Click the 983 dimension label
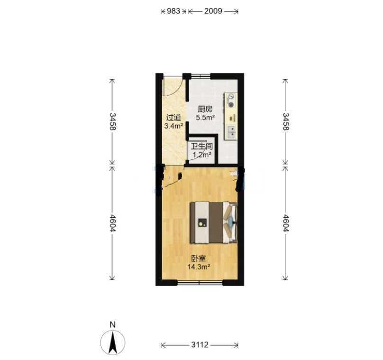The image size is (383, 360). pyautogui.click(x=173, y=11)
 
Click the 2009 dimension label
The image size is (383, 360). pyautogui.click(x=213, y=11)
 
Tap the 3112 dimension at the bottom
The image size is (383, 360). pyautogui.click(x=200, y=345)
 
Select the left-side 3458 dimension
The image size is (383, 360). pyautogui.click(x=112, y=121)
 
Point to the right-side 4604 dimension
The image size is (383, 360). pyautogui.click(x=286, y=223)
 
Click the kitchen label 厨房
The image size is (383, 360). pyautogui.click(x=205, y=109)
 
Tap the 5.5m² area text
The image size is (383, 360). pyautogui.click(x=205, y=118)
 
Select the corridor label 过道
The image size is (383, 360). pyautogui.click(x=173, y=118)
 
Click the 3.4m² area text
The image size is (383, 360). pyautogui.click(x=173, y=126)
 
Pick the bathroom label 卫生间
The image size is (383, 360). pyautogui.click(x=201, y=147)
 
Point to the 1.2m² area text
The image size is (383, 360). pyautogui.click(x=202, y=155)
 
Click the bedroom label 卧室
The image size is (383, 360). pyautogui.click(x=198, y=258)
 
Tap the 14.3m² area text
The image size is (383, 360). pyautogui.click(x=199, y=267)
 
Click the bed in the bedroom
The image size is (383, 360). pyautogui.click(x=214, y=222)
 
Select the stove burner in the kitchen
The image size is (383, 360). pyautogui.click(x=230, y=101)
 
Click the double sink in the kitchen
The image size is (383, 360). pyautogui.click(x=231, y=132)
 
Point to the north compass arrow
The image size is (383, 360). pyautogui.click(x=113, y=342)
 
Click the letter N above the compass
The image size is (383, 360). pyautogui.click(x=112, y=325)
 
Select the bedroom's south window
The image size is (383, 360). pyautogui.click(x=200, y=283)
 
